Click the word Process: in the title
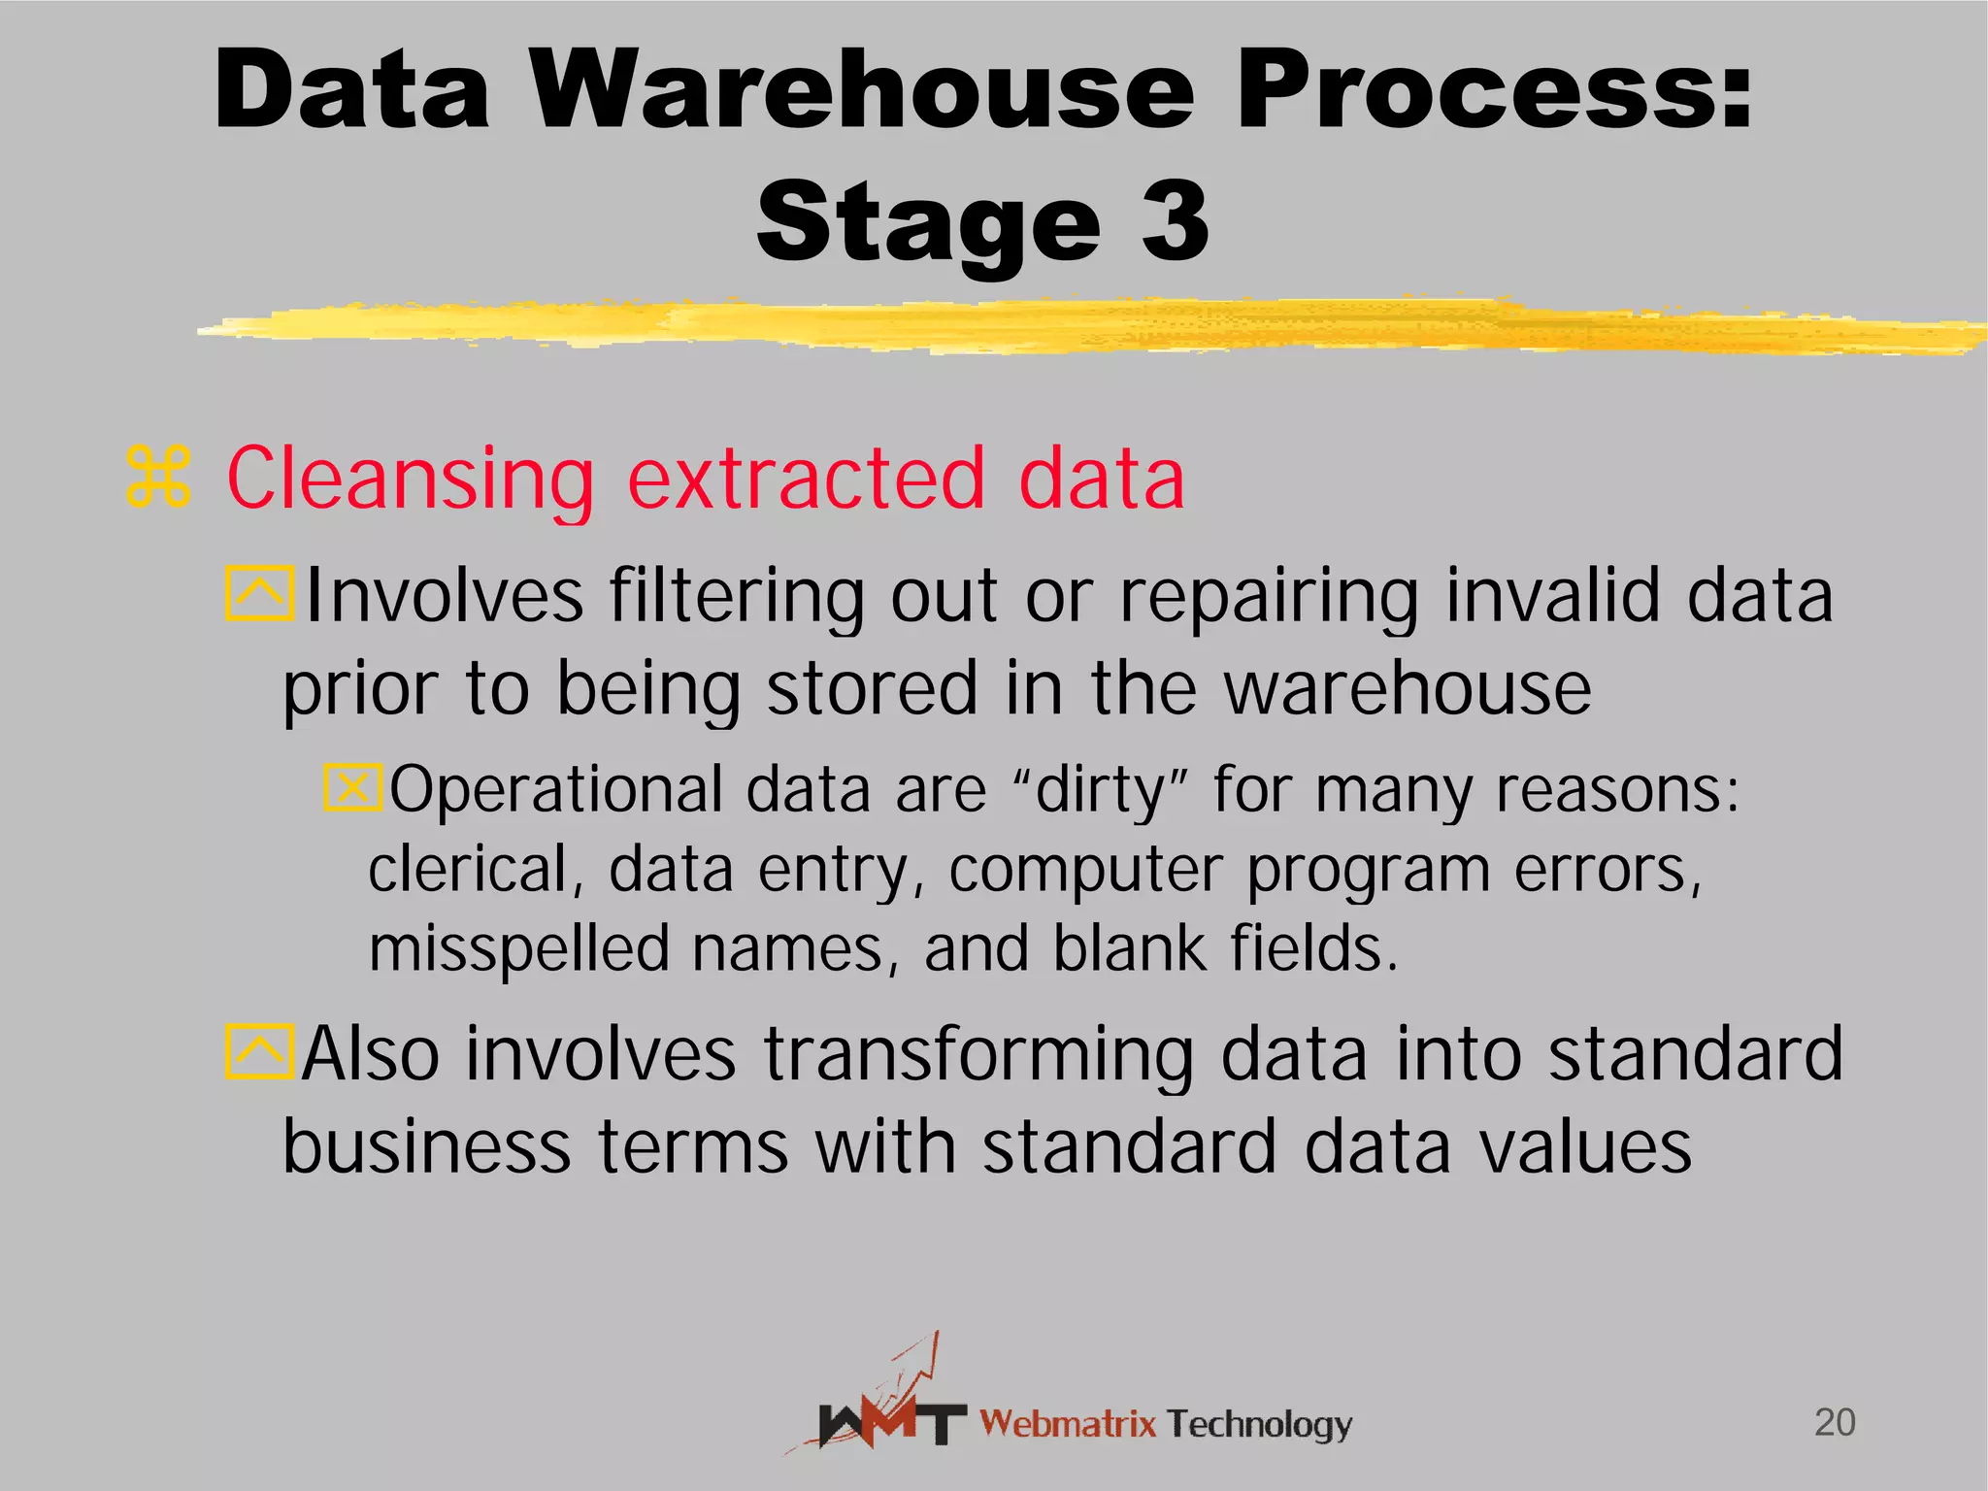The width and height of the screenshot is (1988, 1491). [1494, 90]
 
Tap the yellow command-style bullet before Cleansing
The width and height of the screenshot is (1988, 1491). [158, 478]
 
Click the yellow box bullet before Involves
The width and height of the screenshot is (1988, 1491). [259, 593]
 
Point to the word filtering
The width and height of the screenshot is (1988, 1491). [737, 595]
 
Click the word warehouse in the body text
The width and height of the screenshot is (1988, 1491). [1408, 687]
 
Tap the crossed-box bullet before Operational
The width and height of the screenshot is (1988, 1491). [352, 786]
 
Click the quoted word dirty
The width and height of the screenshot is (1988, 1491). [1101, 788]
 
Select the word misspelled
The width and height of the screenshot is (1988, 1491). [519, 948]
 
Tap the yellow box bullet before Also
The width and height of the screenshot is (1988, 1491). [259, 1051]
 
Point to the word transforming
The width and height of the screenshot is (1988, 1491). [978, 1054]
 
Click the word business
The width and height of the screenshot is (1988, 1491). [427, 1146]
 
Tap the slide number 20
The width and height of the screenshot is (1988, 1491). [1835, 1422]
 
